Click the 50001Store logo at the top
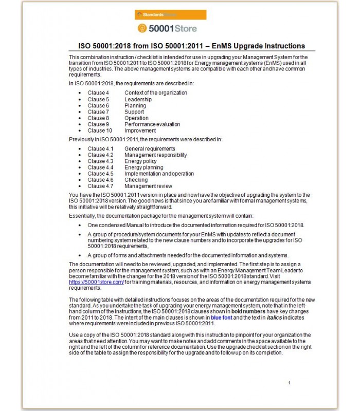(x=167, y=28)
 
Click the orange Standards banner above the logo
(x=167, y=15)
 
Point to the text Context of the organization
(x=155, y=93)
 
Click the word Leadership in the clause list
(x=138, y=99)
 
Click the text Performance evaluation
(x=152, y=124)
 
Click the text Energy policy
(x=140, y=161)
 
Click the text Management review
(x=148, y=186)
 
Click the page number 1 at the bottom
(x=289, y=383)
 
